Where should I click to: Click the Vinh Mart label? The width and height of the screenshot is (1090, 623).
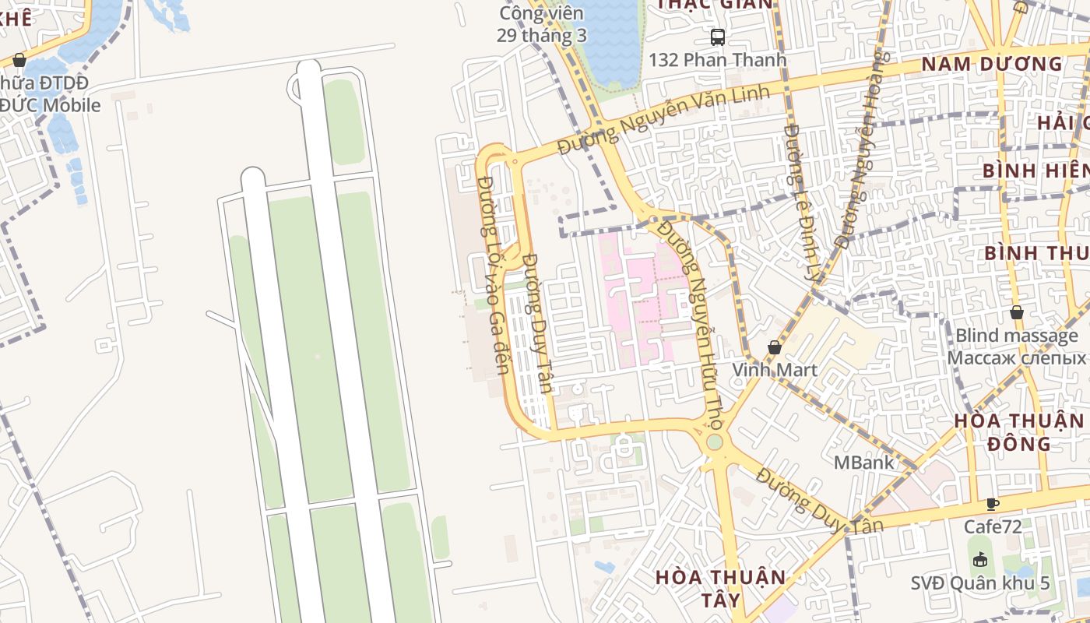774,369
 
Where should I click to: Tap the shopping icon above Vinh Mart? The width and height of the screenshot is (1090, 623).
774,347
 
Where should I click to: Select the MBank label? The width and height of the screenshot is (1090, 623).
863,463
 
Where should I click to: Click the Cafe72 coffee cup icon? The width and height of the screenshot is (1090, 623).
992,504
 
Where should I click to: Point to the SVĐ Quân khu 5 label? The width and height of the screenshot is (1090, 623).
980,583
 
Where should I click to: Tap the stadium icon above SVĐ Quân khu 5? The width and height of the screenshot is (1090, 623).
979,559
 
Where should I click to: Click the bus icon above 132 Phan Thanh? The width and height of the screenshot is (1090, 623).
717,37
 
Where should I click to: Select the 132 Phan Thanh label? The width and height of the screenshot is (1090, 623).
717,60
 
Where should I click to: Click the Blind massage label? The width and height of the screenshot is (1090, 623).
1016,336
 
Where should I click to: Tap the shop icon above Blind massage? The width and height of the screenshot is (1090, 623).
1016,312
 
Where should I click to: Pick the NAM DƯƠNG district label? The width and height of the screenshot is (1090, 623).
991,64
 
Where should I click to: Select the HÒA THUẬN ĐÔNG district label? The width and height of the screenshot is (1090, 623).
1018,432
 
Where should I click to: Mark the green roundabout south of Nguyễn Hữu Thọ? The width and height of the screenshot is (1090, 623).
714,442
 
